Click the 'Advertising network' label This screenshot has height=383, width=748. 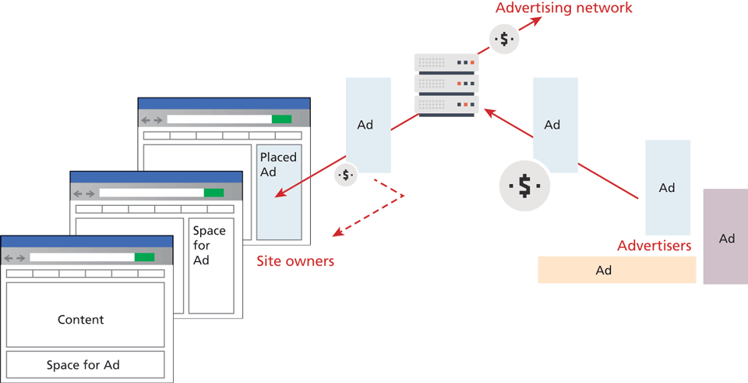(563, 9)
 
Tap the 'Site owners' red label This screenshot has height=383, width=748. (295, 261)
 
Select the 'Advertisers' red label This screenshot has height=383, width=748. (654, 246)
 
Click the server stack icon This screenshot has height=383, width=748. (446, 84)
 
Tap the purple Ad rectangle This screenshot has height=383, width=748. (725, 236)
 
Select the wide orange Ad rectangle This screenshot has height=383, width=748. (616, 270)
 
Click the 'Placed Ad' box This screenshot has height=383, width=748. (278, 191)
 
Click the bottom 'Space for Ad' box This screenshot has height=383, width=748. (85, 364)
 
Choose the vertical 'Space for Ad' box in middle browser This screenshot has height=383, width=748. (210, 263)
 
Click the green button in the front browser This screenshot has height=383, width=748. (144, 257)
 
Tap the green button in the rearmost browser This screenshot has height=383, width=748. (281, 119)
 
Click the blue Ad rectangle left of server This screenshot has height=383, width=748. (368, 124)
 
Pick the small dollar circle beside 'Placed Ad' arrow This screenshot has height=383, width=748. (346, 176)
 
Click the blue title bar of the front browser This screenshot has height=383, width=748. (86, 242)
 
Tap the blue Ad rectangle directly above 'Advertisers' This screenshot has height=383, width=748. (667, 187)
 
